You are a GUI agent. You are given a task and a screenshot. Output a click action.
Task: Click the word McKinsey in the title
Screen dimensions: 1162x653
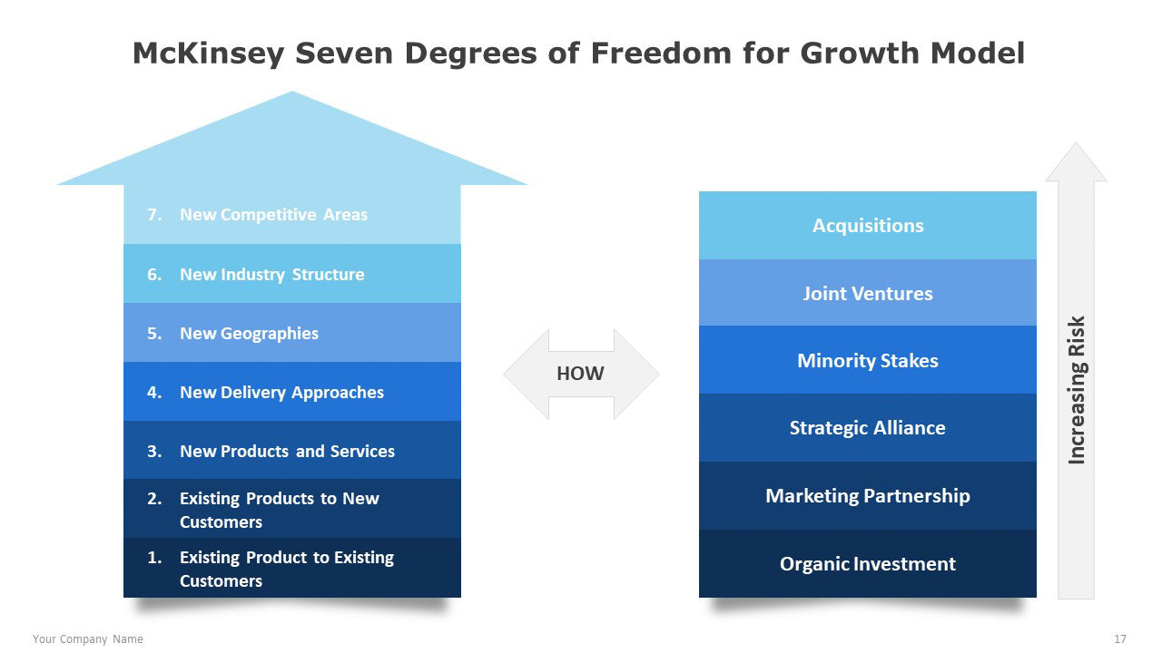click(209, 54)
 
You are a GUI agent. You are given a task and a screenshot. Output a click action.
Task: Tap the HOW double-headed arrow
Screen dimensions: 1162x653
click(581, 374)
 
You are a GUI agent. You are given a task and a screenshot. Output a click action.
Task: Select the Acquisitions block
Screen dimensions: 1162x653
click(867, 226)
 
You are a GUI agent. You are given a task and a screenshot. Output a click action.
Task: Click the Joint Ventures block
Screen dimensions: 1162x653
click(867, 293)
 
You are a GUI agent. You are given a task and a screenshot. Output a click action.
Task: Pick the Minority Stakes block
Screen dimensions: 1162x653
click(867, 360)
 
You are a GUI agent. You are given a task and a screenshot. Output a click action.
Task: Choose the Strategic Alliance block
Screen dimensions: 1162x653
click(867, 427)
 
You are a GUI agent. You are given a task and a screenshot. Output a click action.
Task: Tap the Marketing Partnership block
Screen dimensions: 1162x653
click(867, 496)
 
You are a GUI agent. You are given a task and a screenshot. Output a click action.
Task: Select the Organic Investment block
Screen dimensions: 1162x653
click(867, 563)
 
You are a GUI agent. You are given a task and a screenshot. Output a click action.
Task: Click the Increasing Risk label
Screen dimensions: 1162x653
click(1077, 390)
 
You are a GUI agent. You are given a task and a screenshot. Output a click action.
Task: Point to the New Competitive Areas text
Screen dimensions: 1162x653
click(273, 215)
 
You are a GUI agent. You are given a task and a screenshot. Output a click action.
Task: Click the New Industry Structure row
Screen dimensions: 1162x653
click(292, 274)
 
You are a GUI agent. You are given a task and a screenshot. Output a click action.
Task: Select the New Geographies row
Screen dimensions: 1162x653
click(292, 333)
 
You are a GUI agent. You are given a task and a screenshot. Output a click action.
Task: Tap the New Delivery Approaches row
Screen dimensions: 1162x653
click(292, 391)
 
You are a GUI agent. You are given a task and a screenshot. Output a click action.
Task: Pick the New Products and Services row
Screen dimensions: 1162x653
click(292, 450)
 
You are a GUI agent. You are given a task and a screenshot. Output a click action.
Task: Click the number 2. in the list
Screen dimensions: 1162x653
click(154, 499)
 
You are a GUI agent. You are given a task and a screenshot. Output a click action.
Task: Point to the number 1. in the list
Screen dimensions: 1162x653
click(154, 558)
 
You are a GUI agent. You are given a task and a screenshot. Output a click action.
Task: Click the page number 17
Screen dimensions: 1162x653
click(1120, 639)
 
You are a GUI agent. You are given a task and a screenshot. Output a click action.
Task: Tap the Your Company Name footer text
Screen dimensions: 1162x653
click(88, 639)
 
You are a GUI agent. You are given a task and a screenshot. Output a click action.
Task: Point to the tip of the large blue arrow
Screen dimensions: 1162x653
click(292, 92)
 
